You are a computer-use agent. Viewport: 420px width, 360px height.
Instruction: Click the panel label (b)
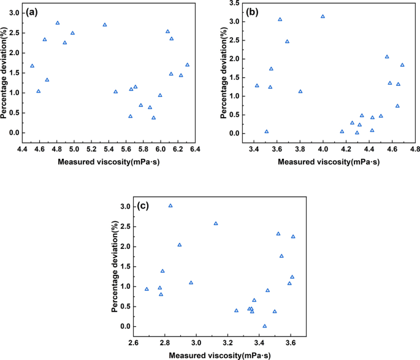tap(251, 12)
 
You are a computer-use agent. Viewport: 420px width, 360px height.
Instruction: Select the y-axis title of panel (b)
tap(224, 67)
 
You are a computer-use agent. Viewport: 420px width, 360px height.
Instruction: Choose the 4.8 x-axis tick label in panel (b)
tap(415, 149)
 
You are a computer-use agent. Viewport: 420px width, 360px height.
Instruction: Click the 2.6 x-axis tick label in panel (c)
tap(133, 342)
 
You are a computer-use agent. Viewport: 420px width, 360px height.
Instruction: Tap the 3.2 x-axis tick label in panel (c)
tap(228, 342)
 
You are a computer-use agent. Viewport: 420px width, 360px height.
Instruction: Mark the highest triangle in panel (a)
tap(58, 23)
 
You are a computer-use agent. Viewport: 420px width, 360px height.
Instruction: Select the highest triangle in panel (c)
tap(170, 205)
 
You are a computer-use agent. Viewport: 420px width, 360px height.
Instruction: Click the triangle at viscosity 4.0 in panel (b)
tap(323, 17)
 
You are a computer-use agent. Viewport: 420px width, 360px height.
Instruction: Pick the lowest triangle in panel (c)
tap(264, 326)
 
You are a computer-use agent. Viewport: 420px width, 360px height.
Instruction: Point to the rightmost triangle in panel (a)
tap(187, 64)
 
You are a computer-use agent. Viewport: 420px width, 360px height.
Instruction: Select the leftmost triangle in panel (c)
tap(147, 289)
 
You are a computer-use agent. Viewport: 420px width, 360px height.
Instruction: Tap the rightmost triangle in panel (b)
tap(402, 65)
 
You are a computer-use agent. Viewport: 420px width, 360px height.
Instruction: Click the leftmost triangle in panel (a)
tap(32, 66)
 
